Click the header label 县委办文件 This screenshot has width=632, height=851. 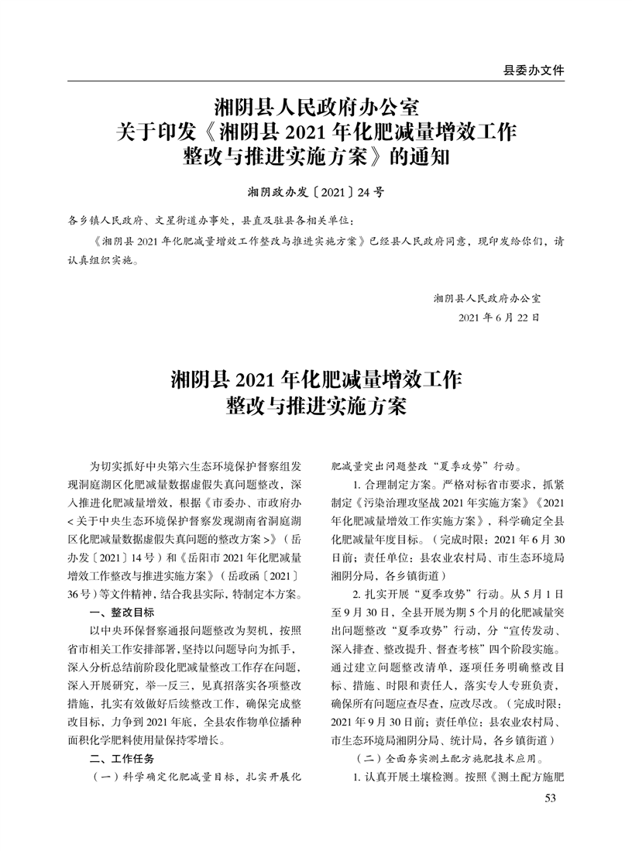click(x=534, y=70)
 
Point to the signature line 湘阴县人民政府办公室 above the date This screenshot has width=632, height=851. click(x=487, y=297)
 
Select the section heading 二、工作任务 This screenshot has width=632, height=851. click(x=122, y=757)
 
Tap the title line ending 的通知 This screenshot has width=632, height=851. click(x=315, y=157)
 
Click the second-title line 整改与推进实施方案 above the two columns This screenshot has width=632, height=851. click(x=315, y=407)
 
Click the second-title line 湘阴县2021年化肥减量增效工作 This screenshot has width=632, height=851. click(x=315, y=380)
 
